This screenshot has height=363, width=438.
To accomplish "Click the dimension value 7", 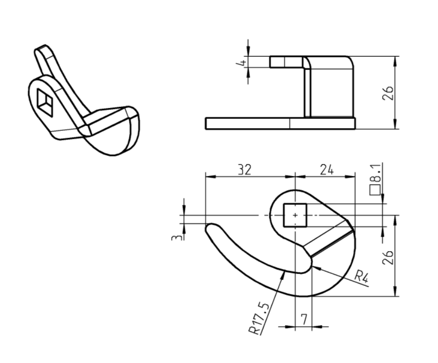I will [x=303, y=318].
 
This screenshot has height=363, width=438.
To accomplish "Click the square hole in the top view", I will [x=295, y=215].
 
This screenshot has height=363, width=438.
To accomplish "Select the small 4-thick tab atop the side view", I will [x=286, y=62].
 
